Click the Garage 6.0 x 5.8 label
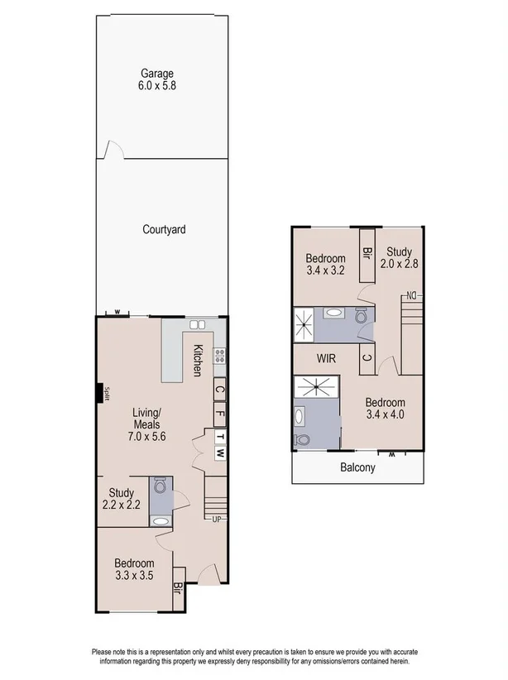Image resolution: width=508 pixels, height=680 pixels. click(156, 79)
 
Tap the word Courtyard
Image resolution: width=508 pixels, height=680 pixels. click(162, 230)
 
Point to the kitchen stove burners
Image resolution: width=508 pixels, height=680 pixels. click(220, 357)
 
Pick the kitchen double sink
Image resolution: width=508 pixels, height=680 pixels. click(199, 325)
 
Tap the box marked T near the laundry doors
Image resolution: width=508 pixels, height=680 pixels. click(220, 436)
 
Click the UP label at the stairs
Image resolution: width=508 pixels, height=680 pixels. click(217, 520)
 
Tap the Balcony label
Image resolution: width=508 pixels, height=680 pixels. click(357, 467)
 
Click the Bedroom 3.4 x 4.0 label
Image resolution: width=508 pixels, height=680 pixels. click(385, 409)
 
